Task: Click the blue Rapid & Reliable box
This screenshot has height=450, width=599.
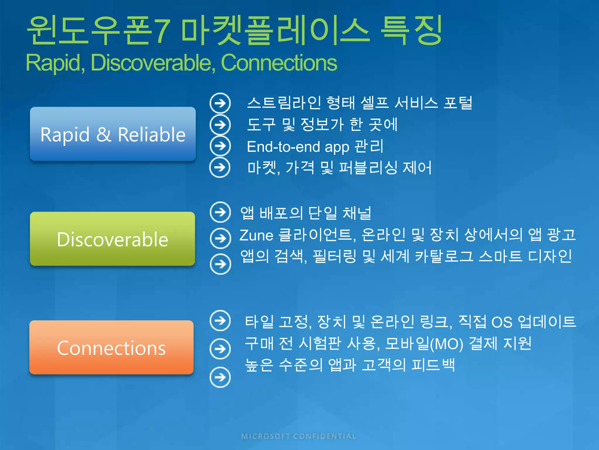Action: [113, 134]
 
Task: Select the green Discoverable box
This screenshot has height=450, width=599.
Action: [113, 238]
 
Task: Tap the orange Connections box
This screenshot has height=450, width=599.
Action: [111, 347]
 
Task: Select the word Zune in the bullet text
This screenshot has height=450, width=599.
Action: [256, 235]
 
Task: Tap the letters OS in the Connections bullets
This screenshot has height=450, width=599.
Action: [502, 322]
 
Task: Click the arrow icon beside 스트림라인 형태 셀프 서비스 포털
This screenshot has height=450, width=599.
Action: [220, 103]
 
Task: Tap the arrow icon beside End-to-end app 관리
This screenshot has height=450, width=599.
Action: [220, 146]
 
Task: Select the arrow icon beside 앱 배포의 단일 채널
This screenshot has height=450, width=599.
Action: [220, 212]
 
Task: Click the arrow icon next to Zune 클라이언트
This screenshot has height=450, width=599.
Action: [220, 238]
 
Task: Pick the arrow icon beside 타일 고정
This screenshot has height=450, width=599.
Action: [220, 321]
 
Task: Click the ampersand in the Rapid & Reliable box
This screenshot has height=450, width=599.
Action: [104, 134]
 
